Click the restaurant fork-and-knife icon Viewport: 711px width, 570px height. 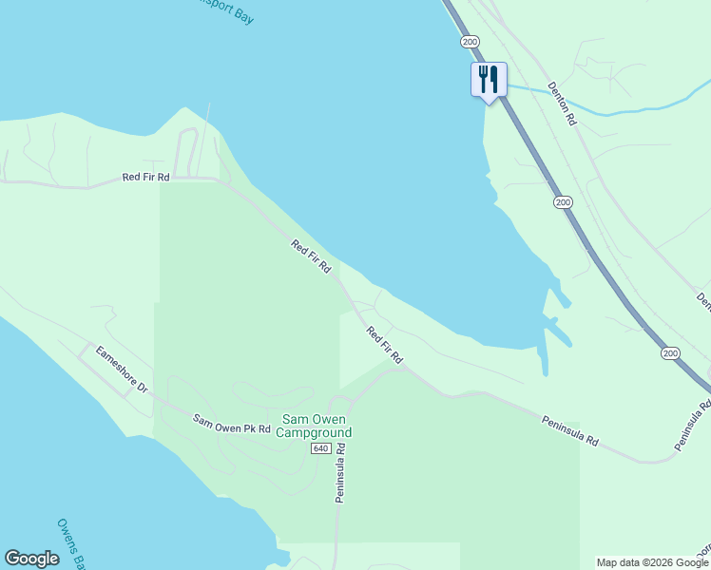489,78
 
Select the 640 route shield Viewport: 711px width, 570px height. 319,448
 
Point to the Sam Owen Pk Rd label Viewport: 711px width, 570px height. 232,424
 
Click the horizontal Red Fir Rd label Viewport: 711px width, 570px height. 145,178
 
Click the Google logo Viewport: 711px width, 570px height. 31,559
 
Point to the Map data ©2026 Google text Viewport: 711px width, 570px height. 652,562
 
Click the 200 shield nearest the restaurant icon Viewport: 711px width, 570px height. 470,42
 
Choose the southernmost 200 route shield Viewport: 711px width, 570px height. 671,353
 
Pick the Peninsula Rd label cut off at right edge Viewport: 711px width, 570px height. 694,425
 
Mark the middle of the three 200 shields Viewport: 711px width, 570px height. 563,202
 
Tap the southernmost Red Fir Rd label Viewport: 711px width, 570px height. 385,346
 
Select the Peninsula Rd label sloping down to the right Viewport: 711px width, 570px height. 570,430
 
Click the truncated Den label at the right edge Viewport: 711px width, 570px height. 703,300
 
